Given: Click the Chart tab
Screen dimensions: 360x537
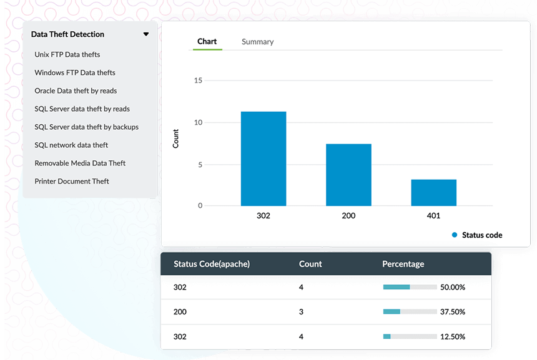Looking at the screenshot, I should [x=207, y=42].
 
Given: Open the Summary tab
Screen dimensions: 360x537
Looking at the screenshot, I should [x=257, y=42].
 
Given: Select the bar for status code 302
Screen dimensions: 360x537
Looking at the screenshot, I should [x=264, y=158].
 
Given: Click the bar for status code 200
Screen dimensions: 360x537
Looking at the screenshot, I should [x=348, y=175].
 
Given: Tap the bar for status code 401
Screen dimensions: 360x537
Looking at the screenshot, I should [x=433, y=193].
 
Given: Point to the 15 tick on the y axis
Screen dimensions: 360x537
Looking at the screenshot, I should [x=198, y=80].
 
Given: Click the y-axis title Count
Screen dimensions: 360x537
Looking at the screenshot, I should [x=175, y=139].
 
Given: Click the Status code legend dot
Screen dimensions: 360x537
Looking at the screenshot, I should [x=455, y=235].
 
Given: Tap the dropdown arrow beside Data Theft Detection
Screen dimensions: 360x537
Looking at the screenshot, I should [x=146, y=35].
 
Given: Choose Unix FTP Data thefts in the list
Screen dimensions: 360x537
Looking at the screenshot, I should [x=67, y=55].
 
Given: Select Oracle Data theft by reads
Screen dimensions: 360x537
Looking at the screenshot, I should [x=76, y=91].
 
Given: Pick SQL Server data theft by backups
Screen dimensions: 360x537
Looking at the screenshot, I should [x=87, y=127].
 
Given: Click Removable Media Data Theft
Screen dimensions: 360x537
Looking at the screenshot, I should [x=80, y=163].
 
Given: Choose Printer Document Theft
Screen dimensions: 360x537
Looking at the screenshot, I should [x=72, y=182].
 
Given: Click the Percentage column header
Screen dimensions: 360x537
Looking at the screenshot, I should [x=403, y=264].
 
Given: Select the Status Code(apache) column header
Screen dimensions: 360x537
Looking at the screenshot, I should [x=212, y=264].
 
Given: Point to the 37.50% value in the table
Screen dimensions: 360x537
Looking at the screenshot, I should [x=453, y=312].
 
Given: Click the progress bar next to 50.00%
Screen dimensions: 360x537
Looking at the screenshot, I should [x=409, y=287].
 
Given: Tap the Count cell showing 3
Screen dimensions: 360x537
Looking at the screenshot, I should [x=302, y=312].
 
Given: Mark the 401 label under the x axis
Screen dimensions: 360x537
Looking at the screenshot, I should [x=433, y=216].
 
